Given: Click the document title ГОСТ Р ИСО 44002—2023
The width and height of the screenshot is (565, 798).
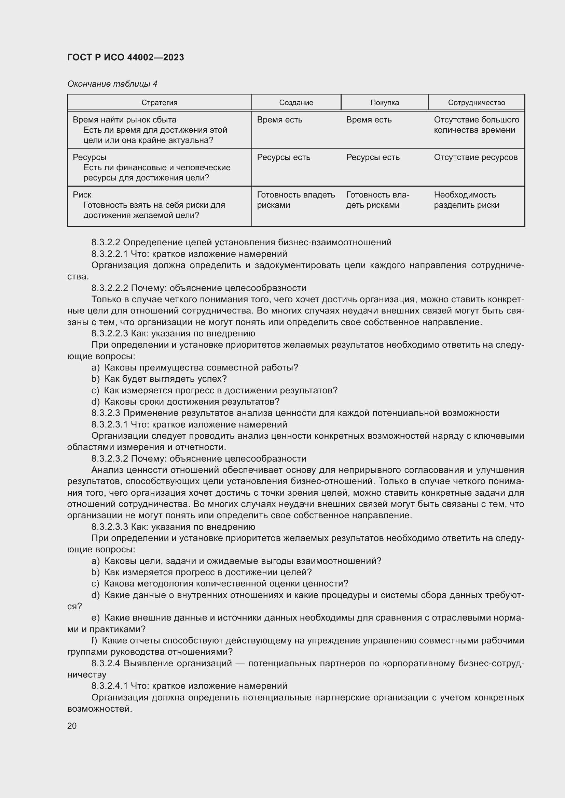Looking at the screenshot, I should (x=125, y=57).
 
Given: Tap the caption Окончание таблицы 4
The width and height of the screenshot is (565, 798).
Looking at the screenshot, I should (x=112, y=84).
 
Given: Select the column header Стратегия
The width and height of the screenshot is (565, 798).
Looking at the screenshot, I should (x=159, y=103).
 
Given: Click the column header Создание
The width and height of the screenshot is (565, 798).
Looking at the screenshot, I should (x=296, y=103).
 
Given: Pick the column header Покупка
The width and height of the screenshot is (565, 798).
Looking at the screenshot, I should (x=384, y=103).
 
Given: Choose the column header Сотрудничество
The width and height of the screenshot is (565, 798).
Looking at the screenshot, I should (x=476, y=103).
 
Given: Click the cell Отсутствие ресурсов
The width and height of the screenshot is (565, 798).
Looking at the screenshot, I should (x=476, y=157).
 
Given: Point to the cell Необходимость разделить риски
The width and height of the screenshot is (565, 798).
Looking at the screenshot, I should (x=466, y=200).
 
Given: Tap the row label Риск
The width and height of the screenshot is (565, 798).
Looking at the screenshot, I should (x=82, y=195).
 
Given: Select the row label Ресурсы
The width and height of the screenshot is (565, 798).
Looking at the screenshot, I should (x=89, y=157).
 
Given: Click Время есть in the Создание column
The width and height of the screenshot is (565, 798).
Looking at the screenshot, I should (x=279, y=120).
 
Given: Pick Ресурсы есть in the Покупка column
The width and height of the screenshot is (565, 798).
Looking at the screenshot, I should (x=373, y=157).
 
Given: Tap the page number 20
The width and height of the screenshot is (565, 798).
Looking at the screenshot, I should (x=72, y=726).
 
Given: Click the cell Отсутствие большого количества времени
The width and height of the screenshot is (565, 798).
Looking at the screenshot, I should (x=476, y=125).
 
